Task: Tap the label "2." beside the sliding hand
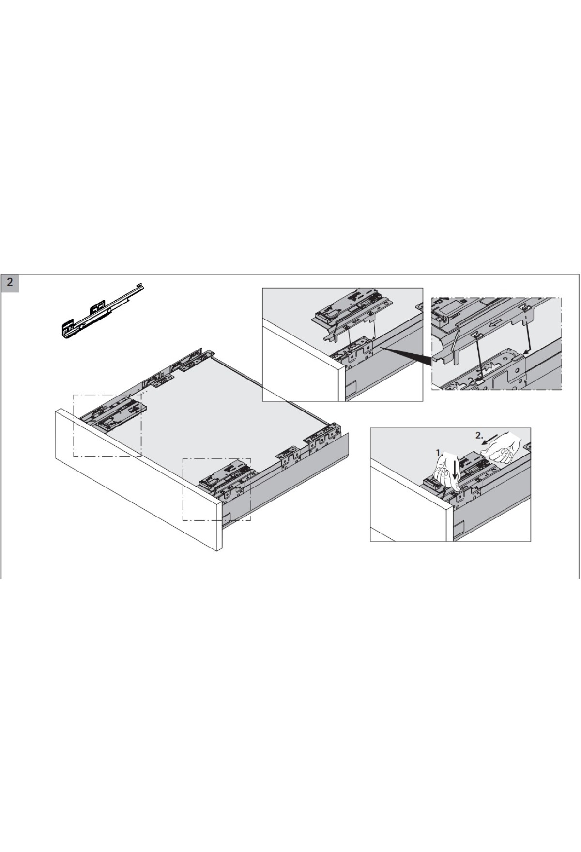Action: pyautogui.click(x=479, y=435)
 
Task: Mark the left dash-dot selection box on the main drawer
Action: pyautogui.click(x=107, y=426)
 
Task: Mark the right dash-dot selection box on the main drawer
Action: pyautogui.click(x=216, y=489)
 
